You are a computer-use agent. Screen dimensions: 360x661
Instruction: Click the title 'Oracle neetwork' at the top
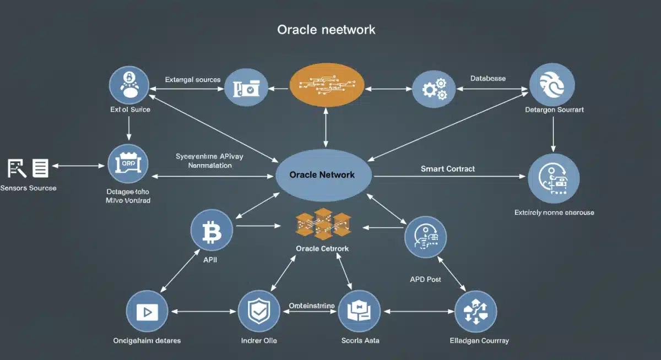pyautogui.click(x=326, y=29)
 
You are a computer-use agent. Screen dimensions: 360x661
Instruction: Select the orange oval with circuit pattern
pyautogui.click(x=327, y=85)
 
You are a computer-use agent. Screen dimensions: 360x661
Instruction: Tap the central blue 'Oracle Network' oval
pyautogui.click(x=323, y=174)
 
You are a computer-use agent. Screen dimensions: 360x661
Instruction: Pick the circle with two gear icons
pyautogui.click(x=434, y=88)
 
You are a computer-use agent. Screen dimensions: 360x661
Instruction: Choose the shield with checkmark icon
pyautogui.click(x=259, y=311)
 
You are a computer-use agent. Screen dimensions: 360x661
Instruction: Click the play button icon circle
pyautogui.click(x=147, y=312)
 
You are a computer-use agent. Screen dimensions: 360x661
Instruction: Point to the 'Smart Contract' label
pyautogui.click(x=447, y=168)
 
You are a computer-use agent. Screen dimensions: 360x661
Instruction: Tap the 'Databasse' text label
pyautogui.click(x=487, y=78)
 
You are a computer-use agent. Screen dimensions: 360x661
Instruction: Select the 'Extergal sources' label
pyautogui.click(x=193, y=79)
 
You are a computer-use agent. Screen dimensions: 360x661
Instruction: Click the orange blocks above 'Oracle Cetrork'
pyautogui.click(x=323, y=224)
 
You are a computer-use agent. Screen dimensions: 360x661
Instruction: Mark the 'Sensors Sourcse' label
pyautogui.click(x=28, y=188)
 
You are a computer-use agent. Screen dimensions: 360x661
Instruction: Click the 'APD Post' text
pyautogui.click(x=425, y=279)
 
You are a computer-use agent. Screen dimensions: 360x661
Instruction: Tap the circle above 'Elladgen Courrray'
pyautogui.click(x=476, y=312)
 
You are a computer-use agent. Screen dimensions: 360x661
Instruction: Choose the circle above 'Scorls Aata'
pyautogui.click(x=359, y=311)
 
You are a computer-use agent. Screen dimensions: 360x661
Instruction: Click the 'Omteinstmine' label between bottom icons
pyautogui.click(x=312, y=305)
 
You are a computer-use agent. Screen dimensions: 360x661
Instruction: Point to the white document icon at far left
pyautogui.click(x=40, y=168)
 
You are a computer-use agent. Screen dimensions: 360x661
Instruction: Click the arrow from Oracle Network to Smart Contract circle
pyautogui.click(x=449, y=177)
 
